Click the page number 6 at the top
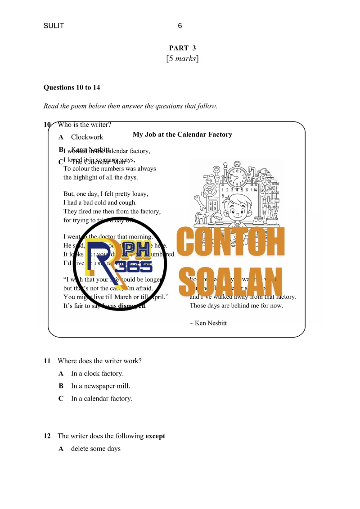click(180, 26)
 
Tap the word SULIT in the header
click(54, 26)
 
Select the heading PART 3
click(182, 48)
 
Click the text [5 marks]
click(182, 59)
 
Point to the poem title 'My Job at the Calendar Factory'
click(182, 134)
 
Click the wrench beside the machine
click(198, 200)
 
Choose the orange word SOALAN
click(230, 282)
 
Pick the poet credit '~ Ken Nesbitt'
click(208, 323)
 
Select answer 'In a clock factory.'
click(97, 374)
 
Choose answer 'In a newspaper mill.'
click(100, 386)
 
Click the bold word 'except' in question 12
click(155, 436)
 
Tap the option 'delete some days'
click(96, 449)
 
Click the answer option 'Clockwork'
click(87, 137)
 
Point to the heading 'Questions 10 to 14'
click(72, 87)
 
